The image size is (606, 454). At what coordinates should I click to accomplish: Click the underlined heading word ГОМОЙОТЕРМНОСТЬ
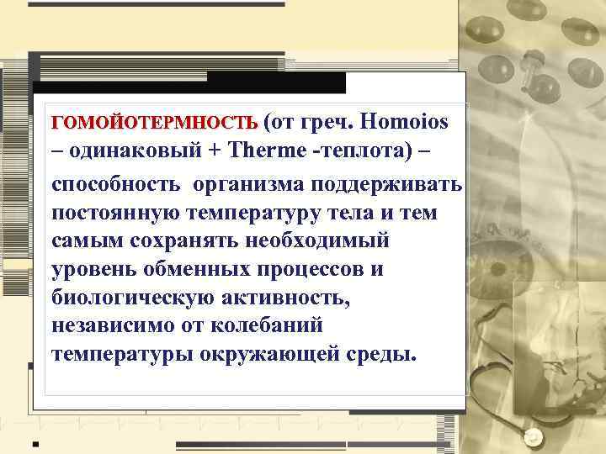point(155,124)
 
